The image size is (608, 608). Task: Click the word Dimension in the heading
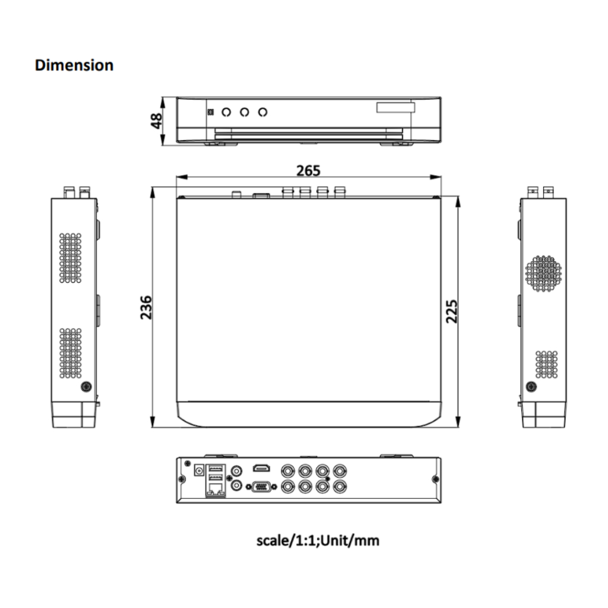(74, 65)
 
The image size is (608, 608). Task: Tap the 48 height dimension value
(156, 121)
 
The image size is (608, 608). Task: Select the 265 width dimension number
(308, 170)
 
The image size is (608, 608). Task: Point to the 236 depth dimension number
(146, 308)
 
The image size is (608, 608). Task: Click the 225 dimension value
(451, 311)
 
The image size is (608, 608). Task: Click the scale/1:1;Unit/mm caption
(318, 540)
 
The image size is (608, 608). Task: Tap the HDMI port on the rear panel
(262, 468)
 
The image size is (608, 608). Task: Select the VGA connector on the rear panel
(262, 486)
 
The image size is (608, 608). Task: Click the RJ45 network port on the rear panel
(216, 490)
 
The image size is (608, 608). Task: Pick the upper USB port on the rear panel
(216, 468)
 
